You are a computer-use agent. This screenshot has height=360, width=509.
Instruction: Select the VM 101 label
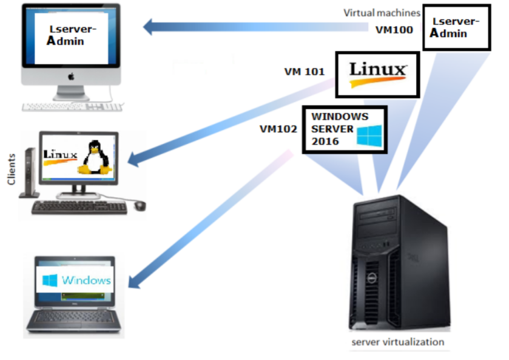click(305, 72)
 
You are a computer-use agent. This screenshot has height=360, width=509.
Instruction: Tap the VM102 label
click(278, 129)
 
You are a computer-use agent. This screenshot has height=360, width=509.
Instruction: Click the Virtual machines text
click(382, 12)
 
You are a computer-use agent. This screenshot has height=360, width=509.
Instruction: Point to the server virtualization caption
click(397, 342)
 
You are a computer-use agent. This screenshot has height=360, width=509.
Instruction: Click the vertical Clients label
click(10, 171)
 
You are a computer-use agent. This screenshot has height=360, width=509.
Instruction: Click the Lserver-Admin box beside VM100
click(456, 28)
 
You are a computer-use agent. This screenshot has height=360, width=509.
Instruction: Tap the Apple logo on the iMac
click(71, 76)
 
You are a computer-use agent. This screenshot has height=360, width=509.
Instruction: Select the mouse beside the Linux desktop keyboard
click(140, 205)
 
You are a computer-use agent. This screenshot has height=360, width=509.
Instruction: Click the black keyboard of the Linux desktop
click(79, 208)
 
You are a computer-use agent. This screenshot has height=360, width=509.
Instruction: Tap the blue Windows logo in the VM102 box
click(369, 135)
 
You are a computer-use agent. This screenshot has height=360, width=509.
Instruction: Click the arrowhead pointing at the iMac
click(150, 27)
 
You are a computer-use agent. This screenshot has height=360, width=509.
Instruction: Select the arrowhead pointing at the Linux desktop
click(133, 160)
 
